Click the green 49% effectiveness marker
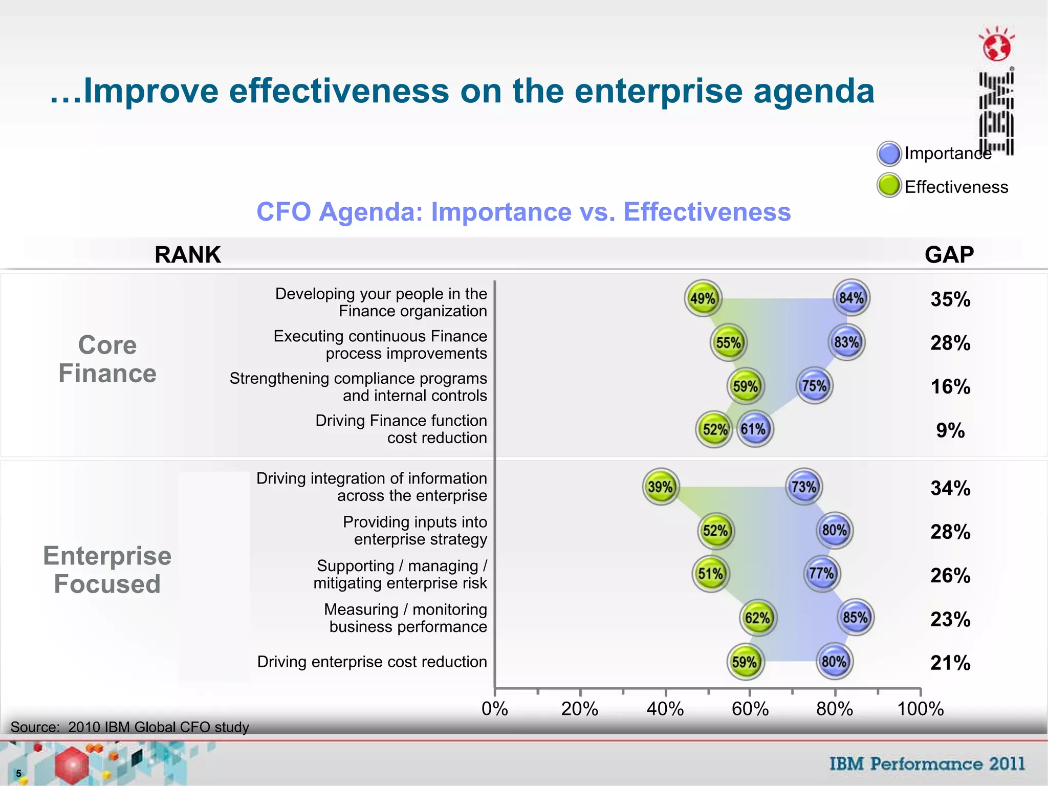click(703, 298)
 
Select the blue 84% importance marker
click(851, 297)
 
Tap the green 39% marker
click(660, 487)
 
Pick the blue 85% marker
click(855, 617)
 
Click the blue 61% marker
click(754, 429)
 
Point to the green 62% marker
click(758, 618)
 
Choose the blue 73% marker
click(803, 487)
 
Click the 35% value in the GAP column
click(950, 299)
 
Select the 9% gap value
click(950, 430)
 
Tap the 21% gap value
click(950, 663)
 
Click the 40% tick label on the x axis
click(665, 709)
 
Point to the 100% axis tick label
click(920, 709)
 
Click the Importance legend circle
click(889, 154)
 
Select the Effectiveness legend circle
click(889, 186)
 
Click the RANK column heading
click(187, 255)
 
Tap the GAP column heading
click(949, 255)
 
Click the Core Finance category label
click(107, 359)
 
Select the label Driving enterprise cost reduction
click(372, 662)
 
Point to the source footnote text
click(129, 727)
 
